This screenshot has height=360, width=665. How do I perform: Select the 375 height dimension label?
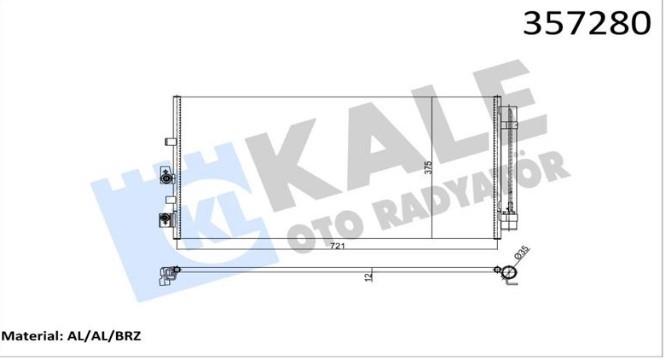[426, 169]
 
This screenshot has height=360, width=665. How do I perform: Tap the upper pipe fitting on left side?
[166, 181]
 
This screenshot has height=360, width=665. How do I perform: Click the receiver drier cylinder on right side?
[513, 160]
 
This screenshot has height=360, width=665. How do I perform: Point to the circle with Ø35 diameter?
[510, 272]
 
